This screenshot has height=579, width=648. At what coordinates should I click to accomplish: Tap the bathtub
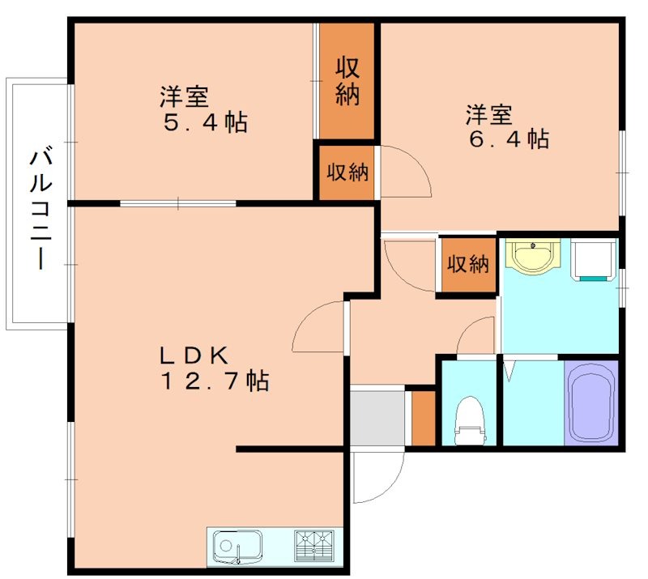click(x=590, y=403)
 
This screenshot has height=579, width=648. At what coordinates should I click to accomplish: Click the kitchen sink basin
click(x=237, y=547)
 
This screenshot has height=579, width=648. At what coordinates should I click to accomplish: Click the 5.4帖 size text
click(x=203, y=123)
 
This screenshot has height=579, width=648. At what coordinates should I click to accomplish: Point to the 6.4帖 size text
click(x=508, y=139)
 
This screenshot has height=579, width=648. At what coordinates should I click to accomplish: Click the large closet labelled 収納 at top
click(x=347, y=81)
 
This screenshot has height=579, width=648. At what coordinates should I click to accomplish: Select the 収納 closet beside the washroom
click(x=468, y=264)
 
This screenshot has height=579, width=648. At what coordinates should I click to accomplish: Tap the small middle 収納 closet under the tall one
click(x=347, y=172)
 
